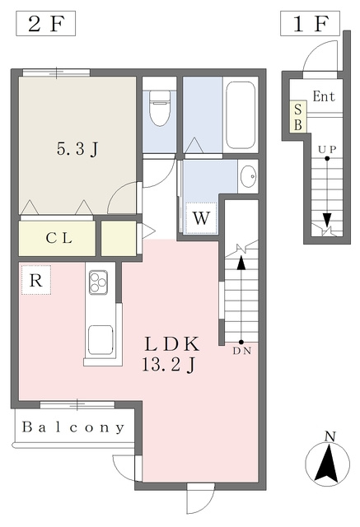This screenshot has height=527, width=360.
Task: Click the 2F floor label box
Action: pyautogui.click(x=45, y=24)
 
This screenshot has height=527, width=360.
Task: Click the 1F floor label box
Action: pyautogui.click(x=310, y=24)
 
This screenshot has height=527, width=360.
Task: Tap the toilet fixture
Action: pyautogui.click(x=159, y=108)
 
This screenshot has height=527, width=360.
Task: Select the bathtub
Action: pyautogui.click(x=241, y=114)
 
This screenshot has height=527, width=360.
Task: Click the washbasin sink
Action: pyautogui.click(x=249, y=176)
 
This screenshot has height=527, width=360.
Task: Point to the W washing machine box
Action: pyautogui.click(x=201, y=218)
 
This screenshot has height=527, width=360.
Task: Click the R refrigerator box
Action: pyautogui.click(x=36, y=280)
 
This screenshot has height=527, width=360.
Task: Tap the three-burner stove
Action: pyautogui.click(x=99, y=282)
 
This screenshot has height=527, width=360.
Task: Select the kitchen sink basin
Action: pyautogui.click(x=101, y=339)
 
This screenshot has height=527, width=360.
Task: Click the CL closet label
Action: pyautogui.click(x=58, y=238)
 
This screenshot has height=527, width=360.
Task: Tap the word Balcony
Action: pyautogui.click(x=73, y=427)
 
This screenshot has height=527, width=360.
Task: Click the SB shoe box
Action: pyautogui.click(x=298, y=117)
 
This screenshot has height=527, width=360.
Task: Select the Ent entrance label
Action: pyautogui.click(x=324, y=96)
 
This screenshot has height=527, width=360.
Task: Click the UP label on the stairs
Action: pyautogui.click(x=327, y=150)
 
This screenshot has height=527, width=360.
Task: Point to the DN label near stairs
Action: pyautogui.click(x=242, y=352)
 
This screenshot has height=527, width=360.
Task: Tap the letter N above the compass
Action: pyautogui.click(x=330, y=436)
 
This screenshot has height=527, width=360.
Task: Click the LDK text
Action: pyautogui.click(x=172, y=344)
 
